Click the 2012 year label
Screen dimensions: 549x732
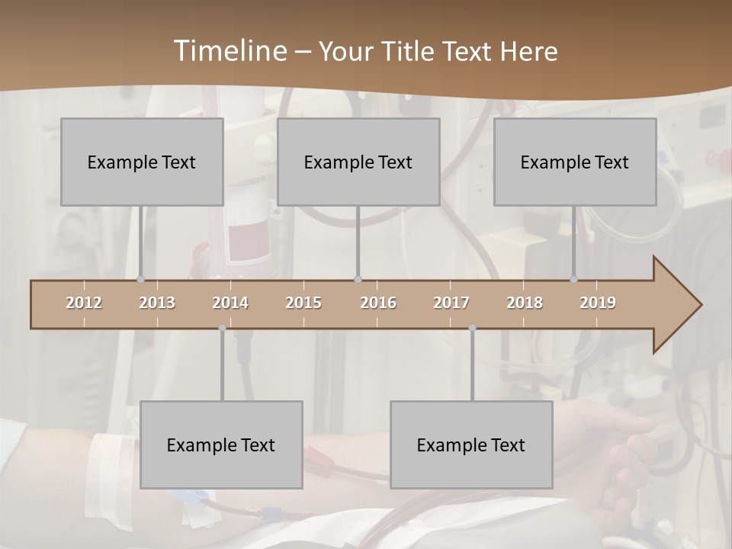click(x=84, y=303)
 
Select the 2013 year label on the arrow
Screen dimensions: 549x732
click(x=157, y=303)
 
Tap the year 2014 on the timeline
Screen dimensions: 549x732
click(x=230, y=303)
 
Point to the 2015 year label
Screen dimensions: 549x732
click(x=303, y=303)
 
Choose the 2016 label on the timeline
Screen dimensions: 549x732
click(x=378, y=303)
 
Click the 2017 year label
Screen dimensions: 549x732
click(x=451, y=303)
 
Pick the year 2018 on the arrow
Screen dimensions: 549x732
click(x=525, y=303)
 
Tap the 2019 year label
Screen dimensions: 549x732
click(x=598, y=303)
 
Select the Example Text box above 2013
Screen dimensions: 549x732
click(x=142, y=162)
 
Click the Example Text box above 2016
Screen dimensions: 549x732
click(x=358, y=162)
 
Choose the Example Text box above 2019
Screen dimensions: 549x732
click(x=575, y=162)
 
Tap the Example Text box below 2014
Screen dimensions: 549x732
click(x=221, y=445)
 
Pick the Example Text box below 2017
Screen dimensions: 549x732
click(x=471, y=445)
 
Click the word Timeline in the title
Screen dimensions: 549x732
click(x=229, y=50)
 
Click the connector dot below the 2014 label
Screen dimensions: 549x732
click(x=222, y=328)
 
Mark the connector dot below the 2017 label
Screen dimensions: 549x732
click(x=472, y=328)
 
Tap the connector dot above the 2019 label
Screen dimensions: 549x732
click(x=574, y=280)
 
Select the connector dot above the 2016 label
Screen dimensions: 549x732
click(x=358, y=280)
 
